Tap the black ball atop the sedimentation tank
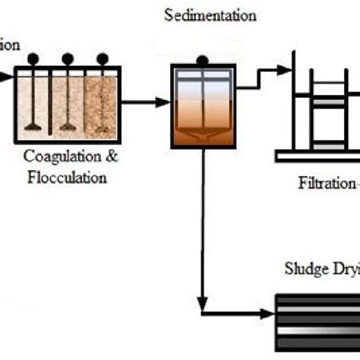tap(202, 60)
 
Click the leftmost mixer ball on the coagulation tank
tap(33, 58)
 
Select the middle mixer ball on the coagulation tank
tap(68, 58)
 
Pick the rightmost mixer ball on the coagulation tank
tap(100, 58)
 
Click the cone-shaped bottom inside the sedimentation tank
tap(202, 135)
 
